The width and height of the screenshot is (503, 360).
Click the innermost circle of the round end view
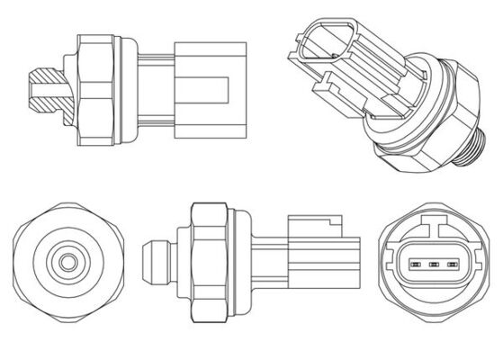point(67,264)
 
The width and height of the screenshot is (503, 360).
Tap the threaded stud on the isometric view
point(474,144)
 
